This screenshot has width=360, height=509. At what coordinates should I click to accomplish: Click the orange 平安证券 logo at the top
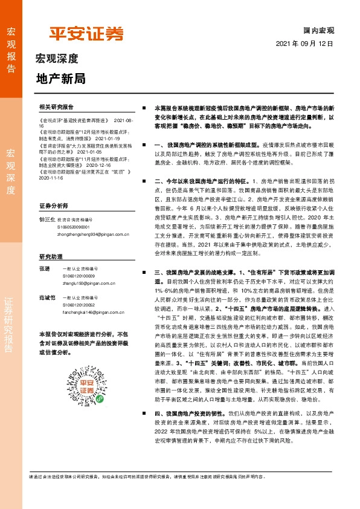pos(86,33)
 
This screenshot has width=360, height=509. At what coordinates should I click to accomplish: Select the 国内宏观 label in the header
pos(318,30)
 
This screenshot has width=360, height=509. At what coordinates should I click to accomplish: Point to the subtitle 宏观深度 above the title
pos(57,59)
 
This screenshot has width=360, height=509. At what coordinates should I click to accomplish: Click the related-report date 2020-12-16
pos(84,163)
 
